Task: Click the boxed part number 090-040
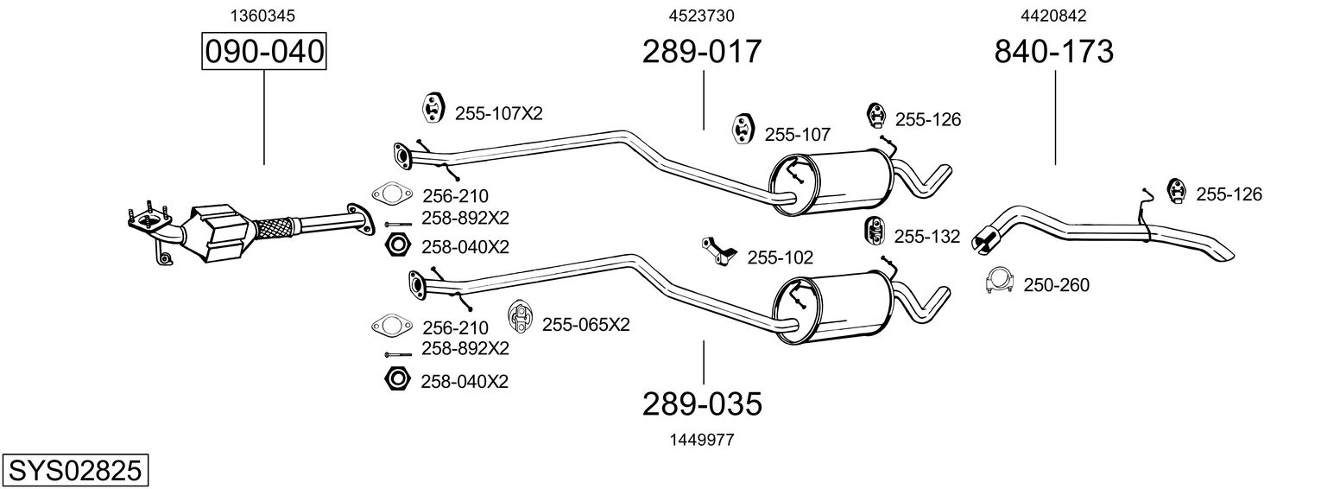pyautogui.click(x=263, y=51)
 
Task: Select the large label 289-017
pyautogui.click(x=702, y=51)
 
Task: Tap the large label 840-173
pyautogui.click(x=1054, y=51)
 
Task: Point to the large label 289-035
pyautogui.click(x=702, y=404)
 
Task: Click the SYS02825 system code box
pyautogui.click(x=75, y=470)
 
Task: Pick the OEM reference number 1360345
pyautogui.click(x=262, y=16)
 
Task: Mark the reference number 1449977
pyautogui.click(x=702, y=440)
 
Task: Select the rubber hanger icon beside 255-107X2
pyautogui.click(x=433, y=108)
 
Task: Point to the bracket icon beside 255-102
pyautogui.click(x=719, y=251)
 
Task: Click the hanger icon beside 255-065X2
pyautogui.click(x=520, y=317)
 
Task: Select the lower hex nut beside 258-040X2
pyautogui.click(x=396, y=378)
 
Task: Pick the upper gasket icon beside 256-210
pyautogui.click(x=392, y=193)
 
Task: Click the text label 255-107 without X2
pyautogui.click(x=797, y=135)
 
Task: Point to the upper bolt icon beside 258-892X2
pyautogui.click(x=399, y=225)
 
